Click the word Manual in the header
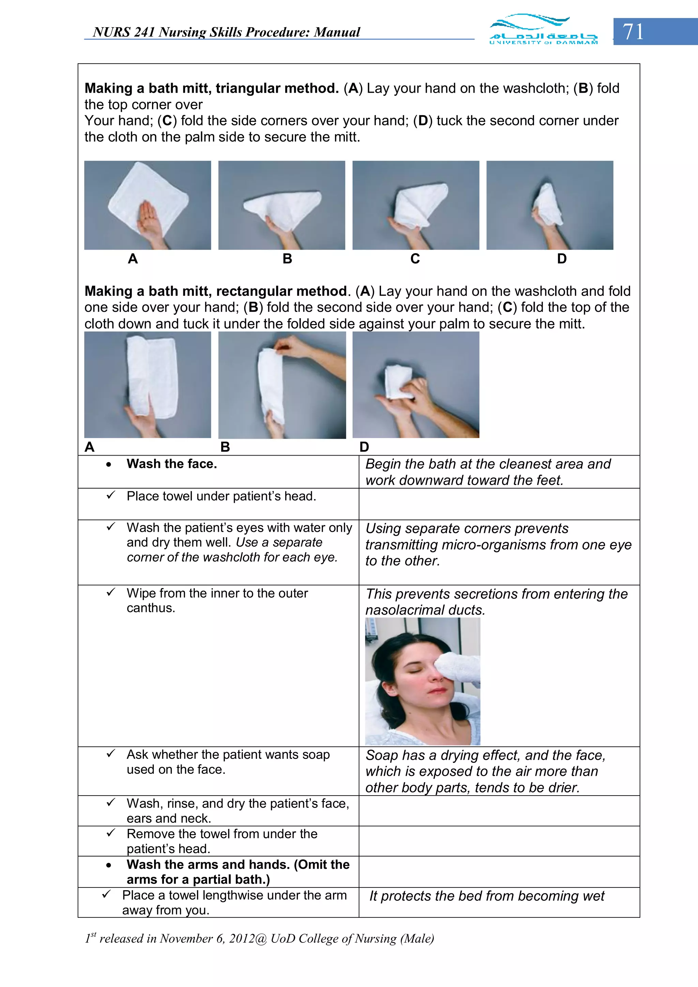pyautogui.click(x=337, y=32)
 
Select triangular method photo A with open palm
pyautogui.click(x=148, y=205)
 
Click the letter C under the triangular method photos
pyautogui.click(x=415, y=259)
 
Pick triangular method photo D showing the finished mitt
pyautogui.click(x=550, y=205)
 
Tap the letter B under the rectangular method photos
pyautogui.click(x=225, y=447)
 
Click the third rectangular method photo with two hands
pyautogui.click(x=415, y=385)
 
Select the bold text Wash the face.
pyautogui.click(x=171, y=464)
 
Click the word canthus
pyautogui.click(x=151, y=608)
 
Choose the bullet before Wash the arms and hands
pyautogui.click(x=109, y=865)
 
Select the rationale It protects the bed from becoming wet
pyautogui.click(x=486, y=896)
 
